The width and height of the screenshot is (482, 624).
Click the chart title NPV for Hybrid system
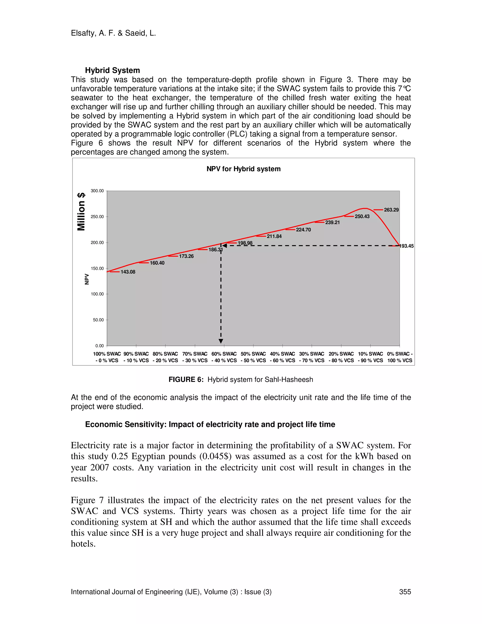[243, 169]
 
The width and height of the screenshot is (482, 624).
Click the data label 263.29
[391, 210]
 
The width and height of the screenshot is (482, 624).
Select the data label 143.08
[128, 272]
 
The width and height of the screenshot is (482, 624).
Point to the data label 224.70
[303, 230]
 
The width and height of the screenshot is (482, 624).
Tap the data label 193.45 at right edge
[407, 246]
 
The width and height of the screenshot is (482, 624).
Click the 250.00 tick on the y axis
[97, 217]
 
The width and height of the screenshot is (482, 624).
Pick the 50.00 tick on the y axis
[98, 320]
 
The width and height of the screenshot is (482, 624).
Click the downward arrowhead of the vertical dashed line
[221, 341]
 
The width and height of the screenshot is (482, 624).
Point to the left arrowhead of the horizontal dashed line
[225, 245]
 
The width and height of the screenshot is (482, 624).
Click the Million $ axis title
[81, 211]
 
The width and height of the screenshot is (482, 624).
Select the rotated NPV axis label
[87, 279]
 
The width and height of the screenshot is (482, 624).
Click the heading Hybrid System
[112, 70]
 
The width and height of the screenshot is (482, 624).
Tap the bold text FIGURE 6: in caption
[186, 379]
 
